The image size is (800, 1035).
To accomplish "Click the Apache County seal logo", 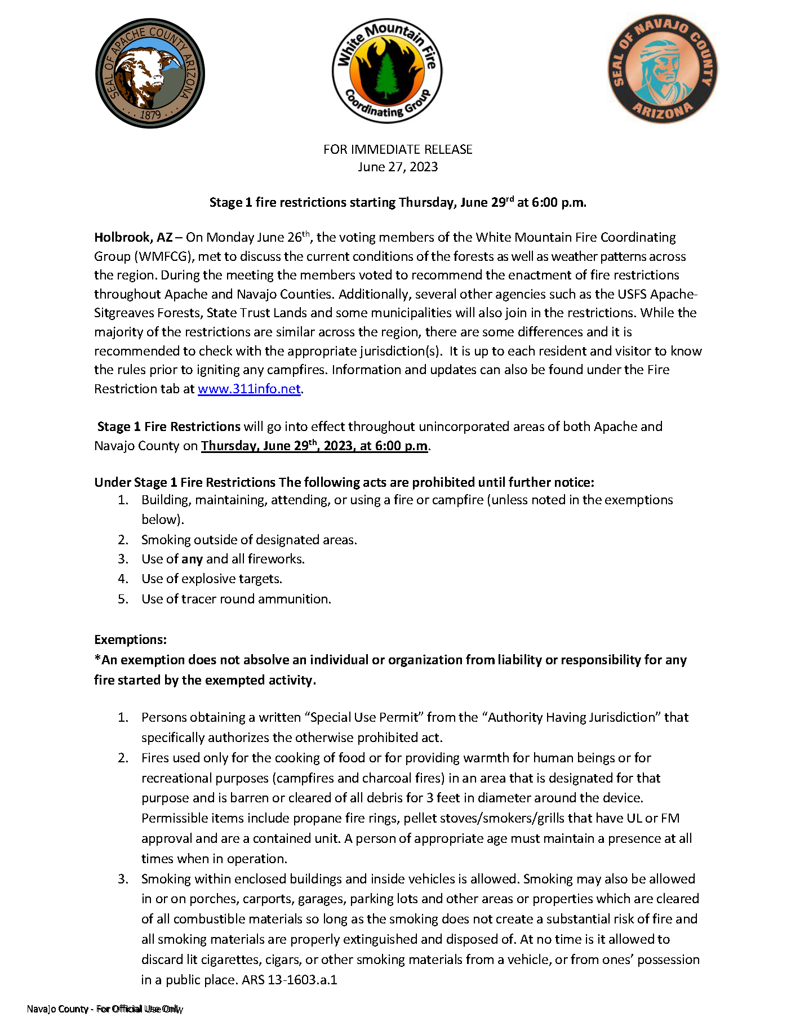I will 150,74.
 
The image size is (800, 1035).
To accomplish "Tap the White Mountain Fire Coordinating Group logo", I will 387,71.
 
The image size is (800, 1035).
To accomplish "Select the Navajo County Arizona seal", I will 663,69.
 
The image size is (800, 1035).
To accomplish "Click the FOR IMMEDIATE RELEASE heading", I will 398,149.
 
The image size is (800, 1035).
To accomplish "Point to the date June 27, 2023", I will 398,167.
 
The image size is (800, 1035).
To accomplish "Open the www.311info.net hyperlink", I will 249,389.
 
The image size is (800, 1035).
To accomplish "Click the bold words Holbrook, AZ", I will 133,237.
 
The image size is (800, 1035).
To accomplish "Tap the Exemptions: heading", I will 130,639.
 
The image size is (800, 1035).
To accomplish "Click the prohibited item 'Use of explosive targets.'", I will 212,579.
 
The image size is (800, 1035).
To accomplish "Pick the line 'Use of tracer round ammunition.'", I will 236,599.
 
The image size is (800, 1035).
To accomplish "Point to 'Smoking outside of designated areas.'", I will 249,540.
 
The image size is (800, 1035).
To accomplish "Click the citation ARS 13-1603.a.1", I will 289,980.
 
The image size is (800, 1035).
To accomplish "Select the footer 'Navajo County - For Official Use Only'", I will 105,1009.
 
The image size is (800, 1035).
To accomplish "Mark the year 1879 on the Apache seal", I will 150,115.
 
